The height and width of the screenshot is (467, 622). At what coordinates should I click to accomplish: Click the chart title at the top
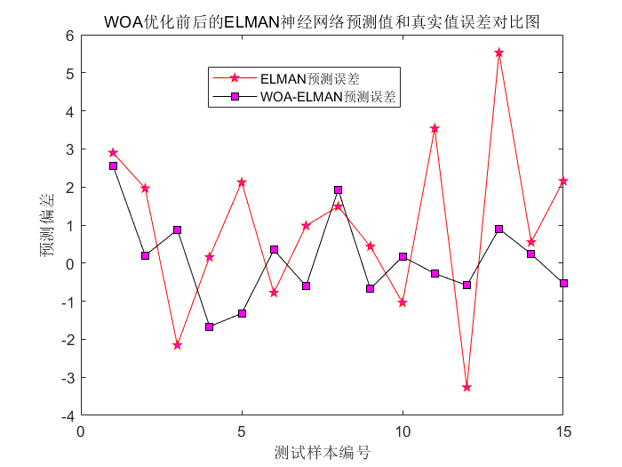click(x=321, y=20)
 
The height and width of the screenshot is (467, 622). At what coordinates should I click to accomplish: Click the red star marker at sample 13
click(x=498, y=52)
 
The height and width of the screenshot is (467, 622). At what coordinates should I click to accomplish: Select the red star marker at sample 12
click(x=466, y=387)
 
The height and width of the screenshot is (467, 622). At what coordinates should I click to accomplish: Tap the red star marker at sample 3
click(x=177, y=345)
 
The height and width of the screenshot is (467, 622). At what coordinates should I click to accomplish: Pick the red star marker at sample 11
click(x=435, y=128)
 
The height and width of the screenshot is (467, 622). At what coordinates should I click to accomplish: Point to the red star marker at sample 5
click(x=242, y=181)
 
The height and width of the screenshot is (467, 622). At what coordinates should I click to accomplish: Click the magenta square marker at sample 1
click(x=113, y=165)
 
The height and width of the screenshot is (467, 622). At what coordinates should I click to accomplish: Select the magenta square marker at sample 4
click(x=210, y=326)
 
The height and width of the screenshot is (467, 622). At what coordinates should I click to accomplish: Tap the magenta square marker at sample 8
click(x=338, y=189)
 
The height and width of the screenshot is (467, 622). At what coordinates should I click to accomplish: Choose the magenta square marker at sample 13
click(x=498, y=229)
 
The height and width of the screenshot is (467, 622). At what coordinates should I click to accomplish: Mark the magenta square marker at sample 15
click(x=563, y=283)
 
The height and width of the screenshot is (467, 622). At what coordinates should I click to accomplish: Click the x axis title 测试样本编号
click(x=323, y=453)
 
